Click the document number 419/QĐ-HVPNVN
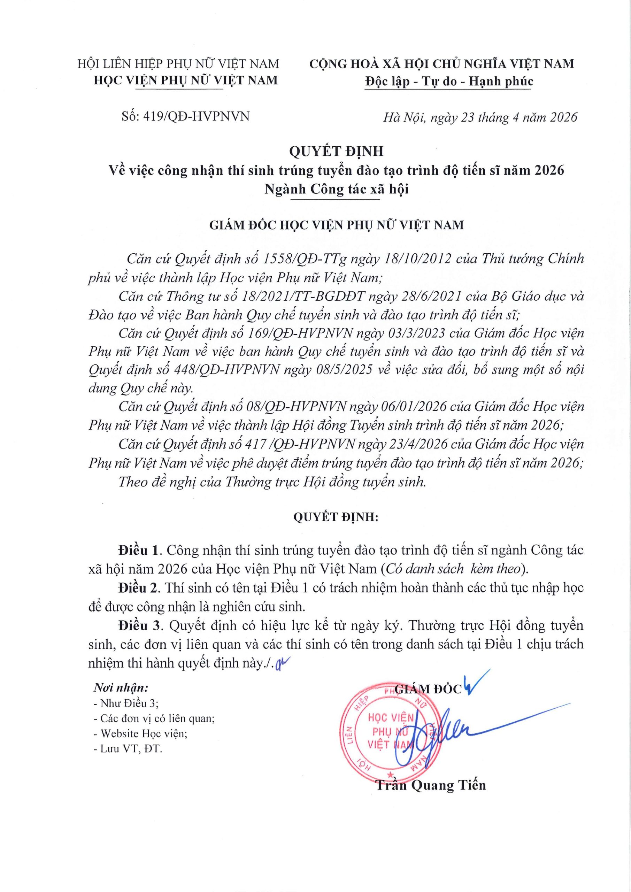pyautogui.click(x=196, y=116)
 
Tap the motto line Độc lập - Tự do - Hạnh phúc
pyautogui.click(x=449, y=81)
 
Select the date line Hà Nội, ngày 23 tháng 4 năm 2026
pyautogui.click(x=480, y=117)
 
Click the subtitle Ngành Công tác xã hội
pyautogui.click(x=337, y=189)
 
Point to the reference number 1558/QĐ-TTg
pyautogui.click(x=305, y=259)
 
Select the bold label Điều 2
pyautogui.click(x=139, y=588)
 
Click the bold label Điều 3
pyautogui.click(x=139, y=625)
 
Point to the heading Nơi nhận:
pyautogui.click(x=121, y=688)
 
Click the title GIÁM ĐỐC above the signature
pyautogui.click(x=428, y=689)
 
